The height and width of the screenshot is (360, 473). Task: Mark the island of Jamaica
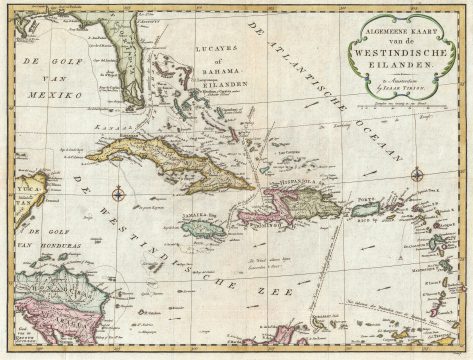coord(206,229)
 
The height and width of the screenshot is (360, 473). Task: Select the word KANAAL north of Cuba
coord(103,129)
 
